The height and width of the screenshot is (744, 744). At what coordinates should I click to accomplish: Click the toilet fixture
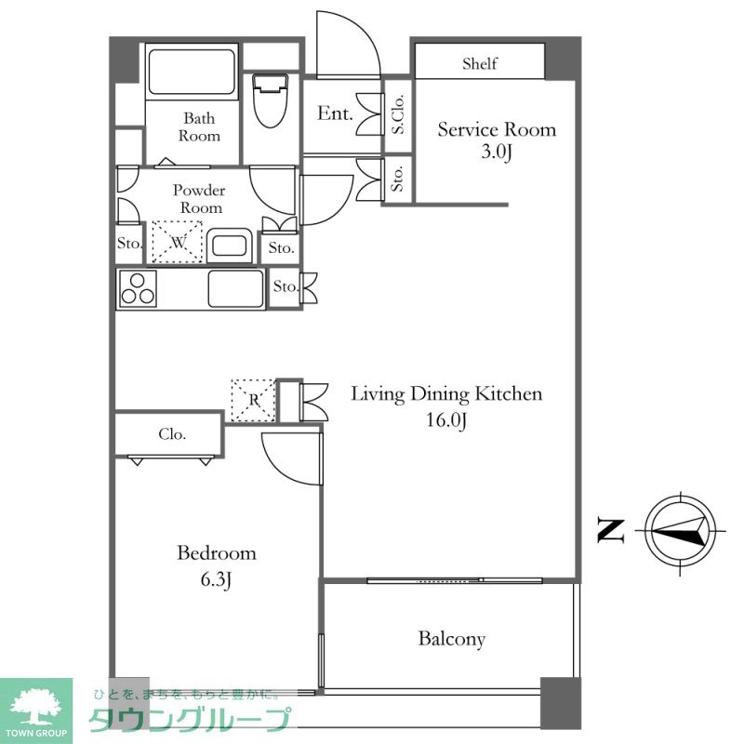(x=270, y=100)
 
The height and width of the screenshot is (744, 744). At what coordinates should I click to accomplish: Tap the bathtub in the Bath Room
(x=192, y=73)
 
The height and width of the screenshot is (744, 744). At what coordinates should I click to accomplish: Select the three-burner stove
(x=138, y=288)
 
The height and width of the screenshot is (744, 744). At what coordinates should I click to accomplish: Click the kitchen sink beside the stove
(x=236, y=288)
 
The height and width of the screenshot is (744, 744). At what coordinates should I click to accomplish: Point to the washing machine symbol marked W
(x=178, y=242)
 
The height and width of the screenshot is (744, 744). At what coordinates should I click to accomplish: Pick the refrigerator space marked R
(x=253, y=400)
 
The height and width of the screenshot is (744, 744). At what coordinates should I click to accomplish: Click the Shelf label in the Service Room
(x=480, y=63)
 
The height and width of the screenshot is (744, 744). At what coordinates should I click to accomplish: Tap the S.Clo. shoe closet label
(x=398, y=114)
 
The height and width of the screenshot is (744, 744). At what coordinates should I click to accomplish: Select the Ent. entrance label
(x=335, y=113)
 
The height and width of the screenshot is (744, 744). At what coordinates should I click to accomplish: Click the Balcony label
(x=452, y=639)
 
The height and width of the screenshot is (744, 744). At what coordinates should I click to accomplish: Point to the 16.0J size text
(x=446, y=420)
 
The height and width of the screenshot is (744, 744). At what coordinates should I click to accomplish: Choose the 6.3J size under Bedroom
(x=216, y=579)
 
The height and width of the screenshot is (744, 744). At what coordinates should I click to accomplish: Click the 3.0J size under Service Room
(x=497, y=152)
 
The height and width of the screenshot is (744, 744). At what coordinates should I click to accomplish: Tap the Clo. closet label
(x=172, y=433)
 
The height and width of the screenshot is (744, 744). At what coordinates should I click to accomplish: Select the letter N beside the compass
(x=611, y=531)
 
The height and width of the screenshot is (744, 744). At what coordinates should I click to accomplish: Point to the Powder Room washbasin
(x=229, y=246)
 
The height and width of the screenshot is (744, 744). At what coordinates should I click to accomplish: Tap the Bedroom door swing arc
(x=284, y=467)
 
